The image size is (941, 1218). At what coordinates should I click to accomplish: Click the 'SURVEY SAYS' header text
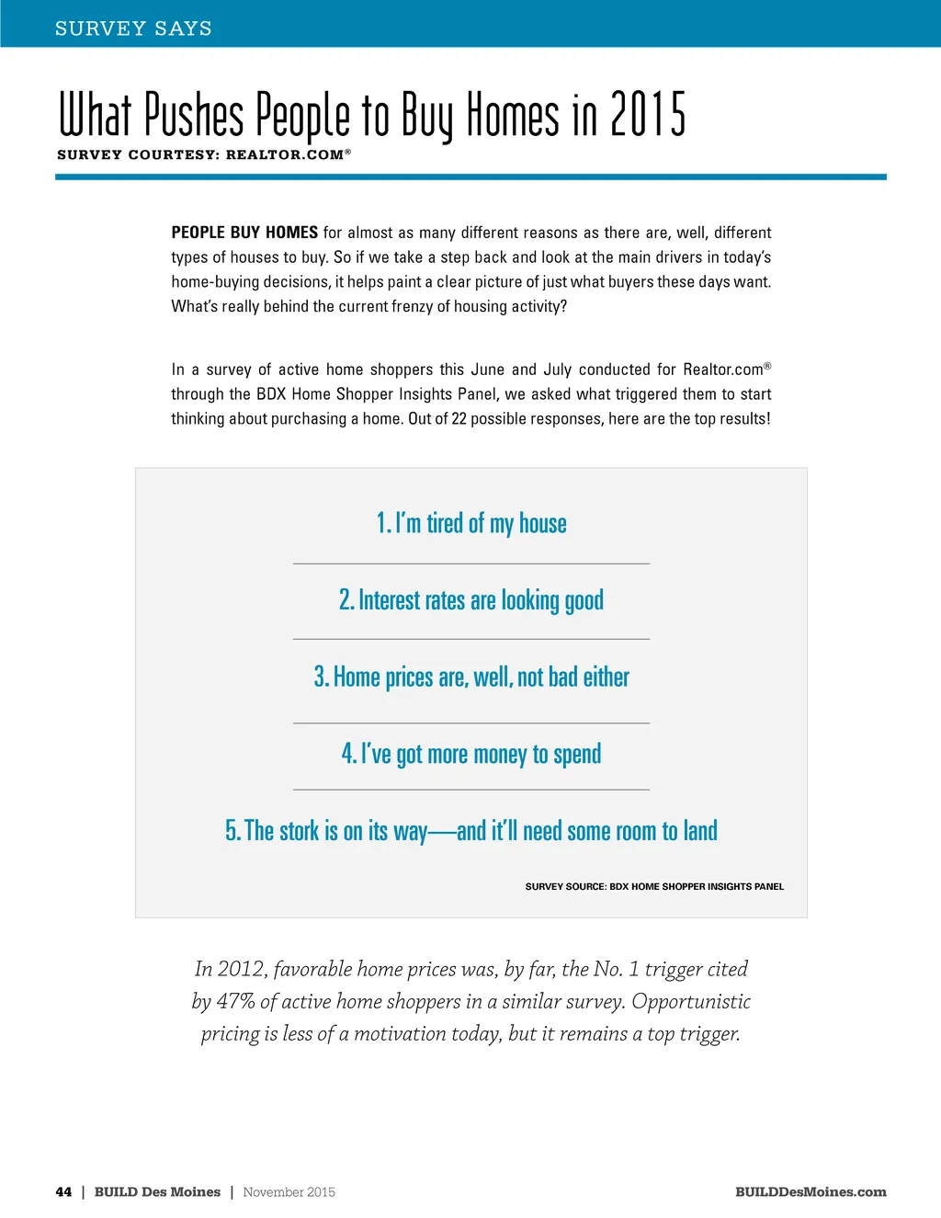pos(133,28)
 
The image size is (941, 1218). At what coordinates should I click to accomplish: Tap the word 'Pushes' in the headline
pos(194,115)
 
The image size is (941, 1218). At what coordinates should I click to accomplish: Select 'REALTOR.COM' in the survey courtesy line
pos(285,155)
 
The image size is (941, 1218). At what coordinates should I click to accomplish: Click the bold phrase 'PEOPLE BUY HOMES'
pos(244,233)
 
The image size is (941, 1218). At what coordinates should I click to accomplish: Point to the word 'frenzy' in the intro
pos(413,306)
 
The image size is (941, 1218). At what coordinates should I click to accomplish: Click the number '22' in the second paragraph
pos(459,418)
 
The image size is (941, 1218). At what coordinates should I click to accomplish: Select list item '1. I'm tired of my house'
pos(471,523)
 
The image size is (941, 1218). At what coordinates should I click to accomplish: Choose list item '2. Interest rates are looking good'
pos(471,600)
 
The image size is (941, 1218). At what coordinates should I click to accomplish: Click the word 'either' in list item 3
pos(606,677)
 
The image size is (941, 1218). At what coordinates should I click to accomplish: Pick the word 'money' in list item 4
pos(499,755)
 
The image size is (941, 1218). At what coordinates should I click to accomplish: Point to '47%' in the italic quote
pos(235,1001)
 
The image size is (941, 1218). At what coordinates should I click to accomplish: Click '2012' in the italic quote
pos(241,969)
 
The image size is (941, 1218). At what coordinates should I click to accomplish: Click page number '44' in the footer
pos(63,1192)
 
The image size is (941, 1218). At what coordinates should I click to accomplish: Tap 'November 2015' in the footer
pos(289,1192)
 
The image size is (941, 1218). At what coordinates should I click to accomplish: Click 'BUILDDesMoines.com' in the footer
pos(811,1192)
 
